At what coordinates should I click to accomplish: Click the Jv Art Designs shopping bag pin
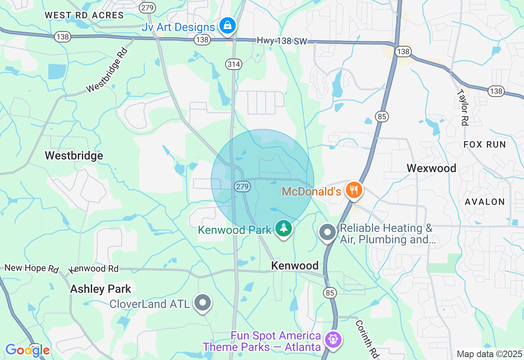tap(226, 26)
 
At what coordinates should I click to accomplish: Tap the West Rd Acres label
tap(84, 16)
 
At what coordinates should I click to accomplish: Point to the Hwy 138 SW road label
tap(282, 40)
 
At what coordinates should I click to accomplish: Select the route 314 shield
tap(233, 64)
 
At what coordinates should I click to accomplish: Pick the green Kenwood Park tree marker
tap(283, 228)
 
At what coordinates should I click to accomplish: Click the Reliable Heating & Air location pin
tap(327, 232)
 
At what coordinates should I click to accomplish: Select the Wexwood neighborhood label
tap(431, 168)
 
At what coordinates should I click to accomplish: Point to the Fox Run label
tap(485, 144)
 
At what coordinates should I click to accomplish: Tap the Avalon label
tap(485, 202)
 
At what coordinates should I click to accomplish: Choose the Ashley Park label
tap(101, 289)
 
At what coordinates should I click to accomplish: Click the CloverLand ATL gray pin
tap(203, 303)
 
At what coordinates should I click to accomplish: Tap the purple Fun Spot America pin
tap(333, 339)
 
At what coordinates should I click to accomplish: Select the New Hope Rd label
tap(32, 268)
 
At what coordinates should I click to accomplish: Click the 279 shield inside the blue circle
tap(242, 187)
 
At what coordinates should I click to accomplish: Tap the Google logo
tap(27, 350)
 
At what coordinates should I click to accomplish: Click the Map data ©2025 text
tap(489, 354)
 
